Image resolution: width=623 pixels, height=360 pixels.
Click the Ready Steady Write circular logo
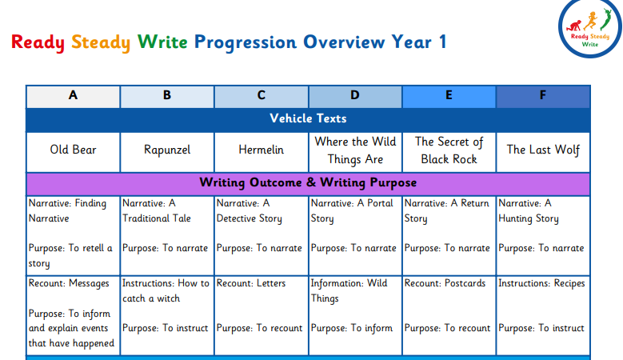[x=590, y=27]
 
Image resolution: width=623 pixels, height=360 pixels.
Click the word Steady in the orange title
[x=101, y=42]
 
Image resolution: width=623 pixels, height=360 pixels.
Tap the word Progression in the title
[x=246, y=42]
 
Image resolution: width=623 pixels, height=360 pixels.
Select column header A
[x=73, y=97]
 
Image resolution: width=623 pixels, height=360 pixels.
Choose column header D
[x=355, y=97]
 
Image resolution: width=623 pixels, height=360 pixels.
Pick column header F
[x=543, y=97]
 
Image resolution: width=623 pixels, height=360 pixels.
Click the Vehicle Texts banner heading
[x=308, y=118]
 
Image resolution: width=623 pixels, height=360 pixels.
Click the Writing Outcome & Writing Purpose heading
[x=308, y=182]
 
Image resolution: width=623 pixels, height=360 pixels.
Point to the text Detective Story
[x=250, y=219]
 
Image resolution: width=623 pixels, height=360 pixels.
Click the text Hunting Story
[x=529, y=219]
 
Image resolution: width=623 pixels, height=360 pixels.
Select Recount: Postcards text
[x=445, y=283]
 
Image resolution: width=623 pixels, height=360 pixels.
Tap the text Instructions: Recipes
[x=541, y=283]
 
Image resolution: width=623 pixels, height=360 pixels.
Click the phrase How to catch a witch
[x=166, y=291]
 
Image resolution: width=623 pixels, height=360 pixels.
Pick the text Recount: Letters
[x=251, y=283]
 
